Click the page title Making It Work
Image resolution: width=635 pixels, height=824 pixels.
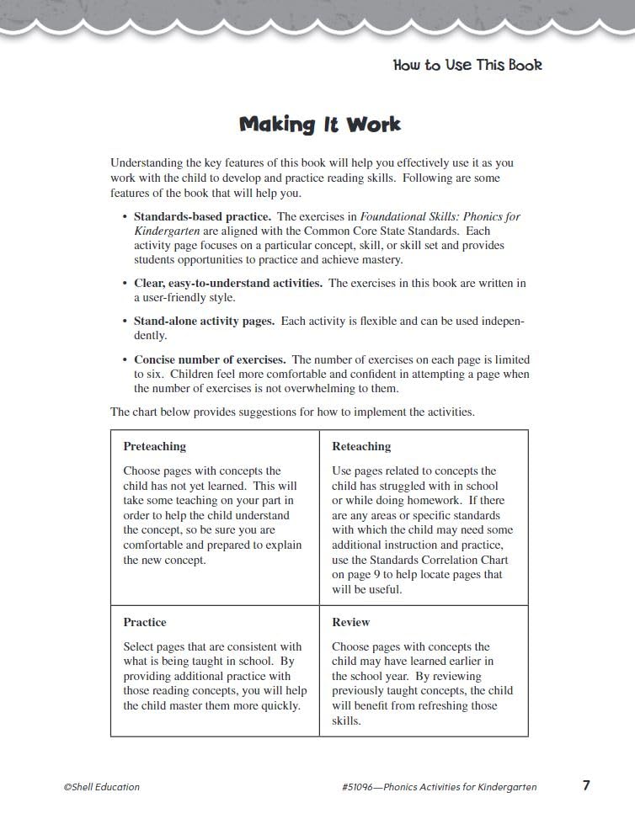(x=320, y=125)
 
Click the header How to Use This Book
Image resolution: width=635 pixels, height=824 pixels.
(x=467, y=65)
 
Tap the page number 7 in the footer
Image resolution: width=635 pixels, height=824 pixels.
(x=586, y=785)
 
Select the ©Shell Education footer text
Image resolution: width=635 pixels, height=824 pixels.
(x=101, y=787)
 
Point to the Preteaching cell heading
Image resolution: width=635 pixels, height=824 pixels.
(x=155, y=446)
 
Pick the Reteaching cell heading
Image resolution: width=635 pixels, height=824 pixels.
(x=361, y=446)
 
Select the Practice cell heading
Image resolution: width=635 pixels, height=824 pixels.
(x=145, y=622)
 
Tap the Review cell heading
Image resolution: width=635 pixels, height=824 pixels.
(x=351, y=622)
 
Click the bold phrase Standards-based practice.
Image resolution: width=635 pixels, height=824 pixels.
(x=202, y=216)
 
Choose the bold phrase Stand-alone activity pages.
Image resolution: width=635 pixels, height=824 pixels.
(x=204, y=321)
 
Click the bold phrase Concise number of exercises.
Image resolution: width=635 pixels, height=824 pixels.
(x=210, y=359)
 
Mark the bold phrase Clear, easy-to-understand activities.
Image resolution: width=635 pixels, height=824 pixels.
(x=227, y=283)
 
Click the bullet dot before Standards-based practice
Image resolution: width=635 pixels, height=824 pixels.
(x=125, y=216)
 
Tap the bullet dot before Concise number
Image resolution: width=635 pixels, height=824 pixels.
(x=125, y=359)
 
